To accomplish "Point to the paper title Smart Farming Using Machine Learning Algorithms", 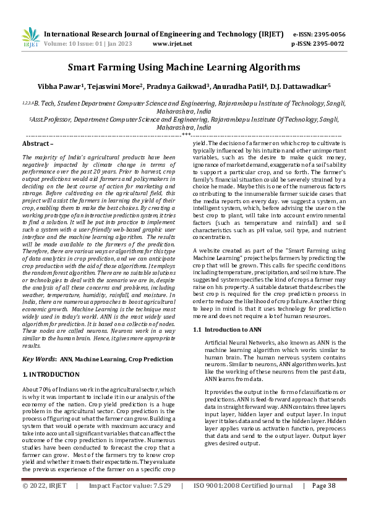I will tap(184, 67).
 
